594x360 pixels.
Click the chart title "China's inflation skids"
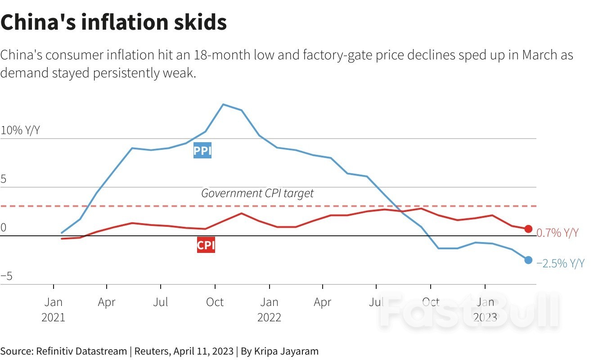coord(113,22)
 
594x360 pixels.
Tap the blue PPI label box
coord(202,151)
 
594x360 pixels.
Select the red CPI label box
coord(206,246)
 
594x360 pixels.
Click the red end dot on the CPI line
coord(528,229)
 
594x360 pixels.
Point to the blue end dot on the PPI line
coord(528,260)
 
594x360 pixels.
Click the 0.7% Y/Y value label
coord(558,233)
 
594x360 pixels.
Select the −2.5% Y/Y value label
coord(560,264)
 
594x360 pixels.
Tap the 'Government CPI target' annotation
coord(257,193)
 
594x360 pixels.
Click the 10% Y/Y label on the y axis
coord(20,131)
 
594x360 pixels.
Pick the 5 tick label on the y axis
coord(4,180)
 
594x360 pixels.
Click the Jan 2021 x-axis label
coord(53,310)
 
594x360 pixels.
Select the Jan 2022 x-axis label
coord(269,310)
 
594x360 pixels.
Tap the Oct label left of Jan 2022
coord(215,302)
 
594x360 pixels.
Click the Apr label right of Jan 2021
coord(107,302)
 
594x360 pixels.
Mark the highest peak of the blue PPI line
coord(223,104)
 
